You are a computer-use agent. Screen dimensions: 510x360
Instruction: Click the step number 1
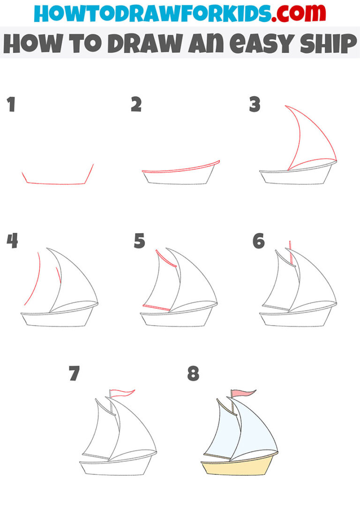click(11, 105)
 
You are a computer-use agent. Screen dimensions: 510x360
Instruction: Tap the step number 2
click(136, 105)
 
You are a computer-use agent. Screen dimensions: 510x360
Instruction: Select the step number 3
click(255, 105)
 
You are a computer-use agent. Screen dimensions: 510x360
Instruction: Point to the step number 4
click(12, 242)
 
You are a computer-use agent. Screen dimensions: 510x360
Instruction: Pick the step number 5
click(139, 242)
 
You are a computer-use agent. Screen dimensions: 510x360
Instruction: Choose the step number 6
click(258, 242)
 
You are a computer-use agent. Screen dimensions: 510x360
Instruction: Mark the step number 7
click(74, 374)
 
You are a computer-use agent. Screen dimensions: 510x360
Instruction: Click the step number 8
click(193, 374)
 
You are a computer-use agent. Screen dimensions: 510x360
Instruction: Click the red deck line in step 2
click(180, 168)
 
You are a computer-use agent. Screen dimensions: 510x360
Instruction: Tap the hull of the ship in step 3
click(295, 177)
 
